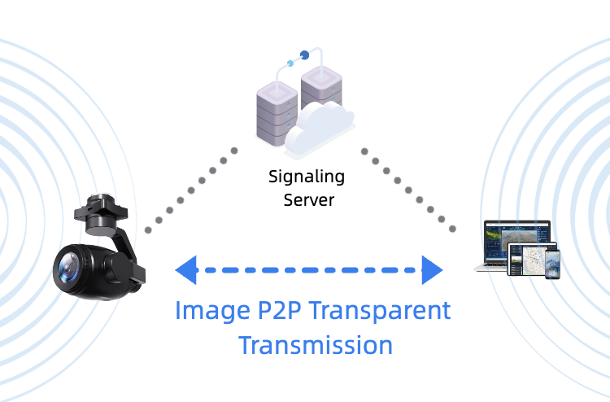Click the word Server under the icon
click(308, 199)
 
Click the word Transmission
click(316, 345)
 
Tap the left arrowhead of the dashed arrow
click(186, 269)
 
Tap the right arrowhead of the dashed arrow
click(432, 269)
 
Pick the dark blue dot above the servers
click(305, 55)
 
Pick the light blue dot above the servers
click(290, 63)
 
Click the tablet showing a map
click(530, 260)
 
